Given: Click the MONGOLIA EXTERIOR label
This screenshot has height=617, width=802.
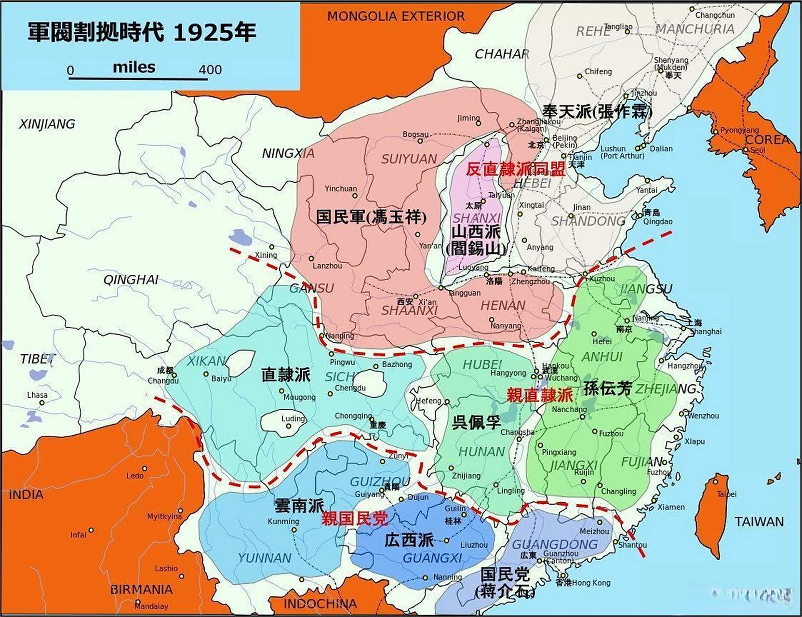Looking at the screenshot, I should tap(396, 16).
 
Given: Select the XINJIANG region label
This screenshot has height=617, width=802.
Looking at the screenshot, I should tap(47, 124).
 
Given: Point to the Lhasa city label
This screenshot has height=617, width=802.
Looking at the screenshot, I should tap(37, 395).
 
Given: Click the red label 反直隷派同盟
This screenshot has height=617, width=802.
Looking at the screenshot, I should tap(515, 169).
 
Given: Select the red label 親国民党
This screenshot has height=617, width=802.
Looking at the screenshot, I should tap(354, 519).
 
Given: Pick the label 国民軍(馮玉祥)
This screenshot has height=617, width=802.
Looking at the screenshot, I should tap(371, 217).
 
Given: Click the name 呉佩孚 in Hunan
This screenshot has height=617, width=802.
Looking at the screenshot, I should tap(476, 422).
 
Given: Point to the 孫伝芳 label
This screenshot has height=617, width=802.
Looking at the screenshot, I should tap(607, 388).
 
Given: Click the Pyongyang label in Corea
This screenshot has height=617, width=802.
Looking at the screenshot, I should tap(739, 130).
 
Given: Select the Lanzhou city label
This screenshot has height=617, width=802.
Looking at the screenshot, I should tap(327, 266).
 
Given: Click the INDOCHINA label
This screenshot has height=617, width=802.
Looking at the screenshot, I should tap(320, 604).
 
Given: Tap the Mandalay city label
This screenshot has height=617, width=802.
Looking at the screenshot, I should tap(151, 606).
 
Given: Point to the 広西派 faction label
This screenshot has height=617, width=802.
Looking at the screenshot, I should tap(409, 540).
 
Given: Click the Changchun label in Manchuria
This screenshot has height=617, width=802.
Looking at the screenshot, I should tap(715, 15).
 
